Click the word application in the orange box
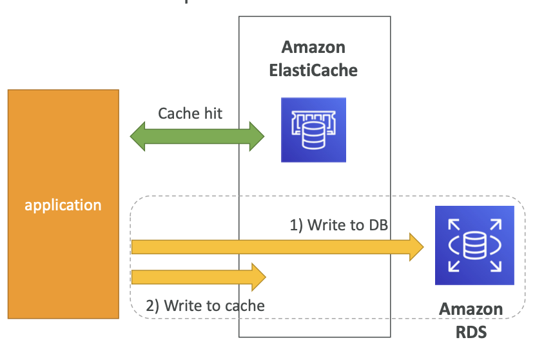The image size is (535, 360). coord(63,206)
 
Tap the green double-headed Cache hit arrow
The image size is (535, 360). coord(197,136)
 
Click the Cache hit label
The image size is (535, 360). coord(190,114)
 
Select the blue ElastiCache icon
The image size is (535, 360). coord(313,130)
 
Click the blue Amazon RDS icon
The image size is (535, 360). coord(474,245)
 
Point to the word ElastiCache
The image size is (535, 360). coord(313,70)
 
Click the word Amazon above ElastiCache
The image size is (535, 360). coord(313,47)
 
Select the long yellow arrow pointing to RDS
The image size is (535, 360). coord(278,247)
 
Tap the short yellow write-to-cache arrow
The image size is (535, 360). coord(199,277)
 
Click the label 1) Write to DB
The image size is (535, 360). coord(339,225)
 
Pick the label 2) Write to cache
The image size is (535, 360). coord(205,306)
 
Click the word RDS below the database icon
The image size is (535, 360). coord(471,332)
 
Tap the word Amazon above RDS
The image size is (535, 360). coord(471,309)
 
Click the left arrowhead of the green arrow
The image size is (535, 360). coord(137,136)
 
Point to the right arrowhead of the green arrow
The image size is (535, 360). coord(257,136)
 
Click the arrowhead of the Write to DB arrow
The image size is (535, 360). coord(416,247)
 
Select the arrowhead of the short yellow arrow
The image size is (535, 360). coord(258,277)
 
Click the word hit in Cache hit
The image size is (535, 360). coord(213,114)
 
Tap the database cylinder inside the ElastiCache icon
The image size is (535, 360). coord(313,135)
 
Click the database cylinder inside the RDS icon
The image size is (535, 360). coord(474,245)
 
